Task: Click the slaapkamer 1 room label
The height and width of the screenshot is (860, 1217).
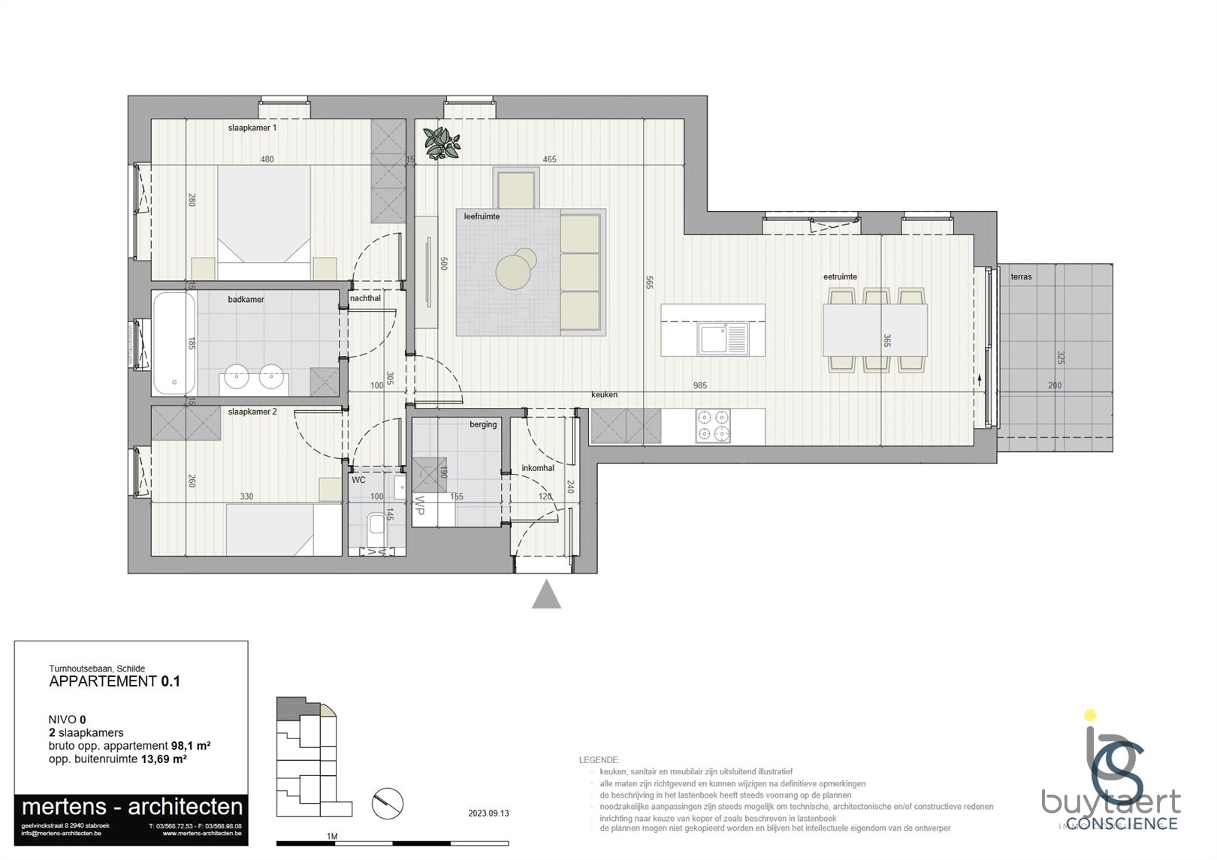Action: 252,128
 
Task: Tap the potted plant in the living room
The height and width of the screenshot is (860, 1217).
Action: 441,143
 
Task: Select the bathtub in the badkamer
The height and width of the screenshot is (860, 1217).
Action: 174,343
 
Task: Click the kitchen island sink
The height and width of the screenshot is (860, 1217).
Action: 723,339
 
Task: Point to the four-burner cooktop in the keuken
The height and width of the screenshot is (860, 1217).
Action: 712,426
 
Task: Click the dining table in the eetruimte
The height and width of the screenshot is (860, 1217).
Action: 874,330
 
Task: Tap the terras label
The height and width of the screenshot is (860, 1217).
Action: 1021,277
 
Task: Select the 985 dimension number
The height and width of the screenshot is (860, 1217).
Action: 699,385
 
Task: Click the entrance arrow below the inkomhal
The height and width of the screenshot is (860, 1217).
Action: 546,594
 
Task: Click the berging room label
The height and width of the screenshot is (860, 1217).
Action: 483,424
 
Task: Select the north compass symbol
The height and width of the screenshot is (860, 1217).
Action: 388,803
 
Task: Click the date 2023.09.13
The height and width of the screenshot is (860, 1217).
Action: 488,813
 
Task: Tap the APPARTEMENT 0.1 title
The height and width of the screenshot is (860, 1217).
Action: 114,682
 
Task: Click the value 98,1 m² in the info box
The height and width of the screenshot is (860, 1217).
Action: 191,746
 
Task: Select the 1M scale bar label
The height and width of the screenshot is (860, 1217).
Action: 331,836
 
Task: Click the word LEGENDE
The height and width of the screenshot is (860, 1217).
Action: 599,760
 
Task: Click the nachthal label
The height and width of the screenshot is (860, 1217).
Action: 365,298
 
